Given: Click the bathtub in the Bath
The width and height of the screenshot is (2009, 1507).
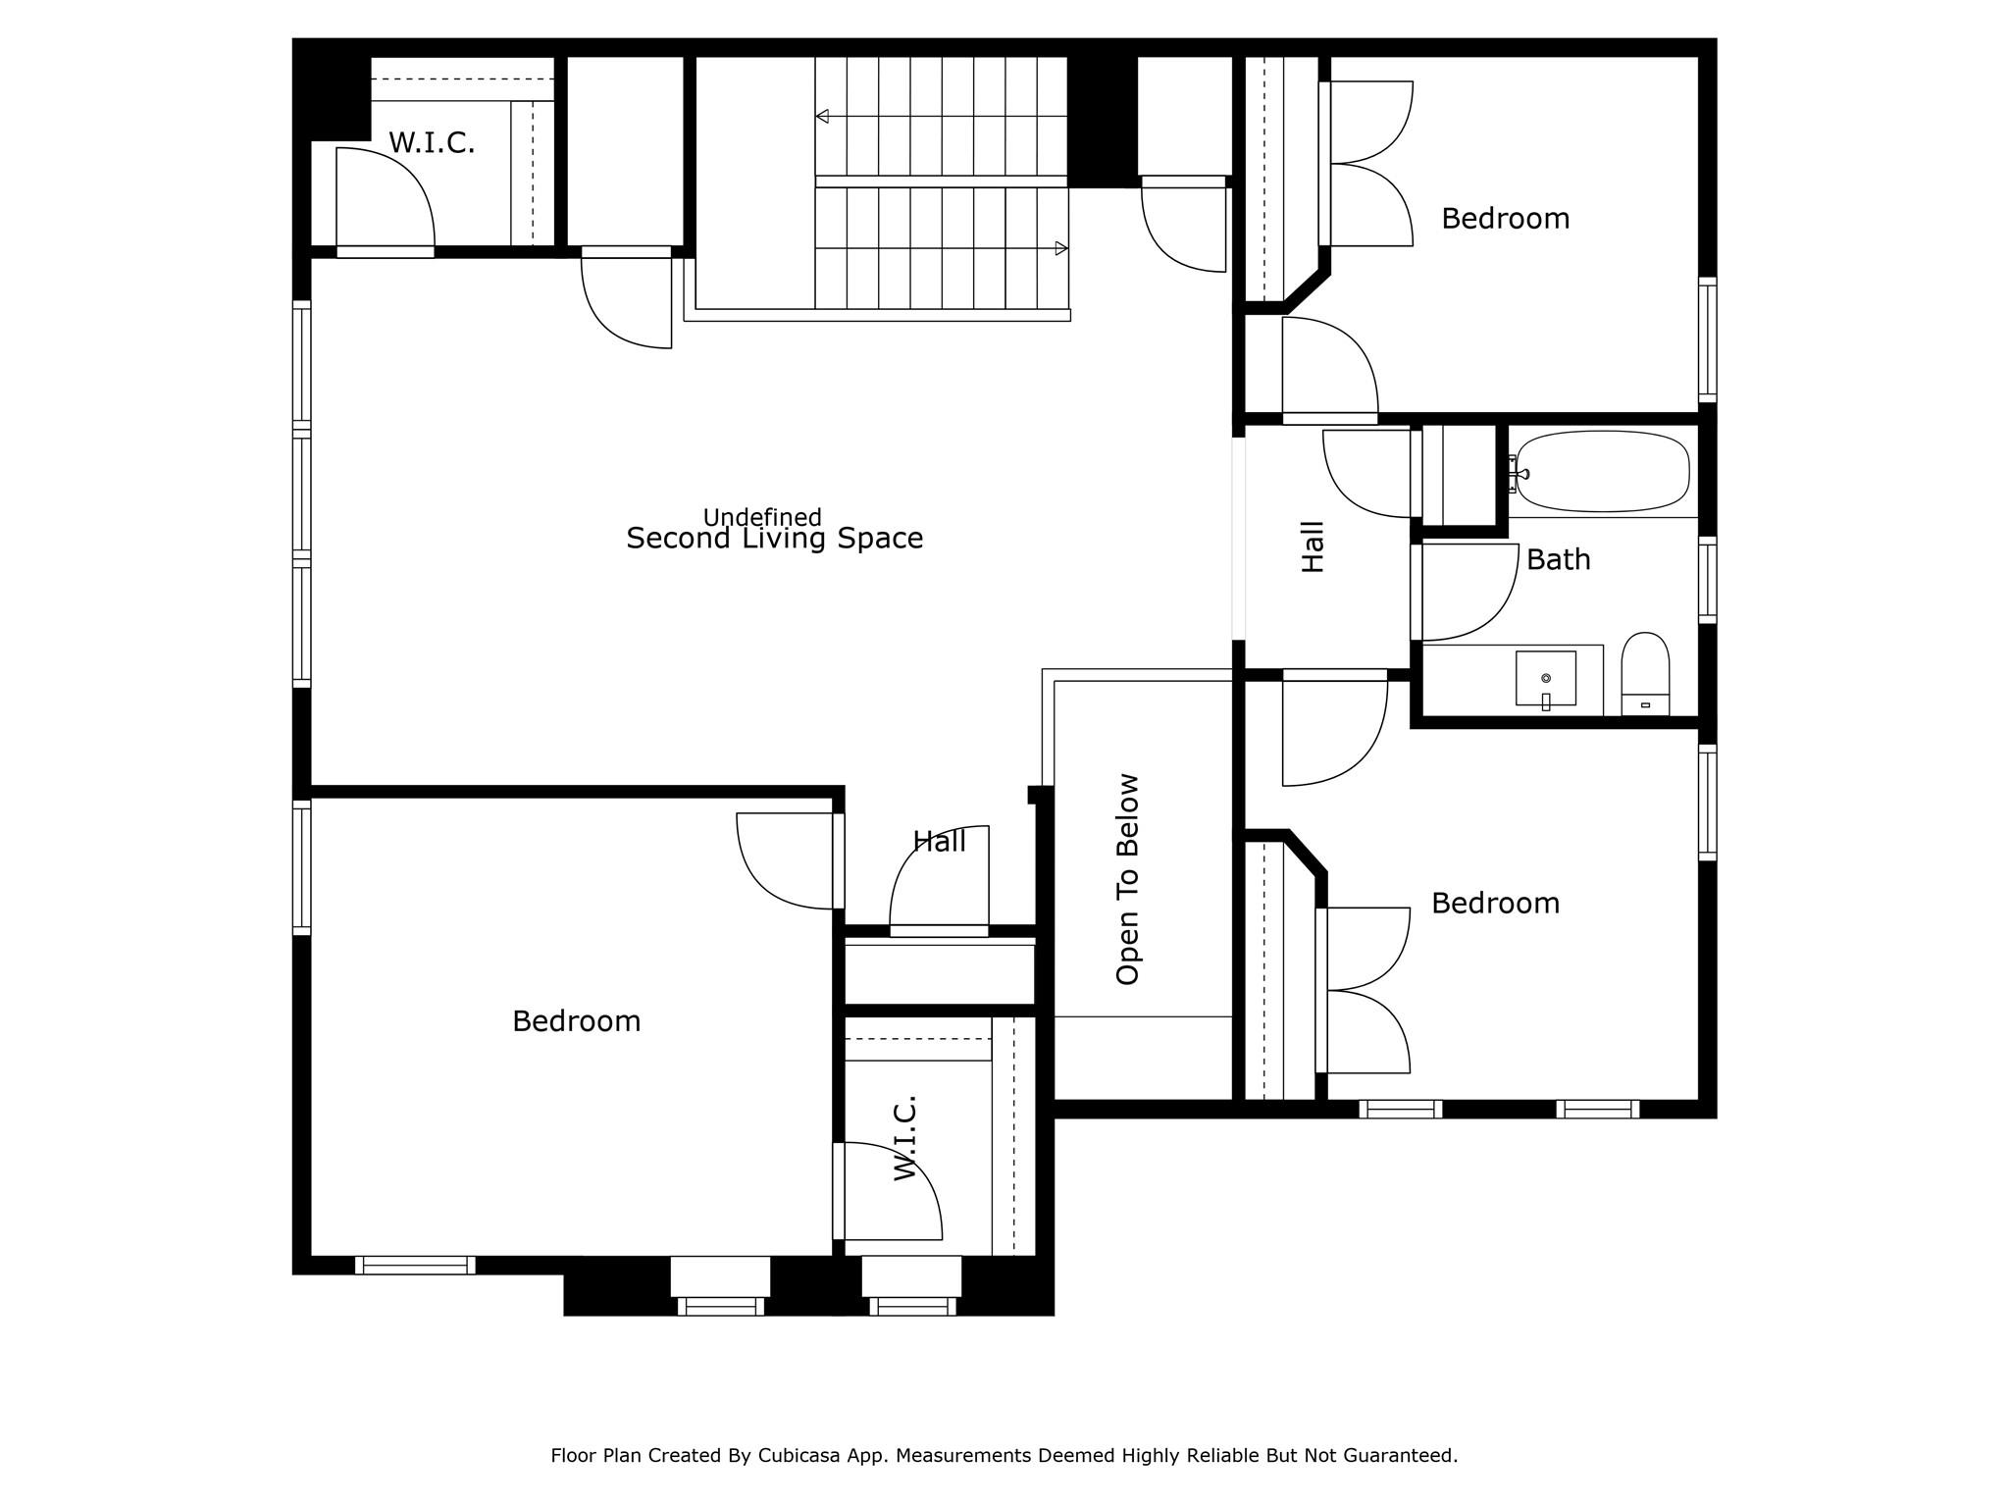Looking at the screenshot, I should coord(1603,472).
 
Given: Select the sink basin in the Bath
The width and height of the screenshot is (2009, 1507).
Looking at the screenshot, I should coord(1545,678).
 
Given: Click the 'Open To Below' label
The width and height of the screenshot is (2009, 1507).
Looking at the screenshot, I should coord(1128,879).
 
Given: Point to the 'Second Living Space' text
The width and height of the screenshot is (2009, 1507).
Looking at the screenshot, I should coord(774,539).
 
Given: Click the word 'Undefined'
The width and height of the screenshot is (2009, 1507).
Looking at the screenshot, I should coord(762,517).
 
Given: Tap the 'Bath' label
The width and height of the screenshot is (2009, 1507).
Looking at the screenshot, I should coord(1558,560).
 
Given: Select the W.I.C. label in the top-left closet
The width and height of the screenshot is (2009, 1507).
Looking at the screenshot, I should coord(432,143).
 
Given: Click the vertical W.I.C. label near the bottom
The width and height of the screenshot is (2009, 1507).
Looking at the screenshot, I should coord(905,1137).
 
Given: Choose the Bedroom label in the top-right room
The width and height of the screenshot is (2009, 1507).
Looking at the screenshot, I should coord(1505,219).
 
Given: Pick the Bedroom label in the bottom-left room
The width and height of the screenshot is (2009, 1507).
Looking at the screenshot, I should coord(576,1021).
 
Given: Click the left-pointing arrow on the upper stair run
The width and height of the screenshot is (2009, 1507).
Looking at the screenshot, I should coord(822,117).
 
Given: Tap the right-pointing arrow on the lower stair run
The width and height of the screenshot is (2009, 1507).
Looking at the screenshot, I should coord(1060,248).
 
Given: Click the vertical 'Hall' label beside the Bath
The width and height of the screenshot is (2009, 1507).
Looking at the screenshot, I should coord(1313,546).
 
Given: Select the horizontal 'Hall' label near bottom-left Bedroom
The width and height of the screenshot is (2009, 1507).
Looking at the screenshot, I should coord(939,841).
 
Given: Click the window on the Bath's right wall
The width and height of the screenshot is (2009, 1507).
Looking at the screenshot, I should coord(1707,580).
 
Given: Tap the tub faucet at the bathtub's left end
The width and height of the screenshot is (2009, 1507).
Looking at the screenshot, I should coord(1518,474).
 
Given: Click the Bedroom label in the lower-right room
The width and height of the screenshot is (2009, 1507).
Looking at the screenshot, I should coord(1495,904).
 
